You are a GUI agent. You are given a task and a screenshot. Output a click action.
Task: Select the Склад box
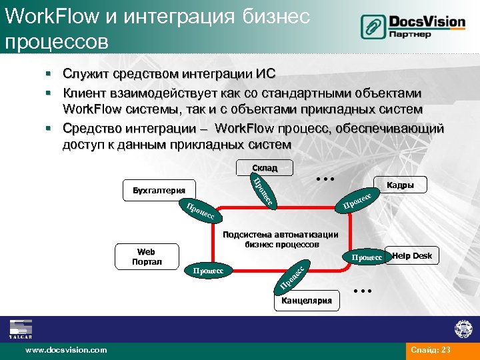pyautogui.click(x=264, y=168)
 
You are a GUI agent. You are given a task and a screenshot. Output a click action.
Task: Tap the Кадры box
pyautogui.click(x=401, y=186)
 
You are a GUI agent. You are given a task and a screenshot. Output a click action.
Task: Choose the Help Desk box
pyautogui.click(x=412, y=256)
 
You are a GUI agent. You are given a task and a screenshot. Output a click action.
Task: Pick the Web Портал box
pyautogui.click(x=146, y=257)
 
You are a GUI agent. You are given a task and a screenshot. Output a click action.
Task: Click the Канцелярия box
pyautogui.click(x=306, y=301)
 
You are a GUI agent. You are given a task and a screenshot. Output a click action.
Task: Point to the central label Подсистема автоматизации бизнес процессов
pyautogui.click(x=280, y=239)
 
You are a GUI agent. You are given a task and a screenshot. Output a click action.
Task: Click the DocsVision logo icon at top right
pyautogui.click(x=374, y=27)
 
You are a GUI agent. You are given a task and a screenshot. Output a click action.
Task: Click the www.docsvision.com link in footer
pyautogui.click(x=65, y=349)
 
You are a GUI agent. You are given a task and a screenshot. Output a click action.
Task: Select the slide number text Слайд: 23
pyautogui.click(x=432, y=350)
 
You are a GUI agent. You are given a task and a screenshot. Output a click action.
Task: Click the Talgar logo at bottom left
pyautogui.click(x=21, y=329)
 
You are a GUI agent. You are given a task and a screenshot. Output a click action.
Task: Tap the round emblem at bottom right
pyautogui.click(x=463, y=329)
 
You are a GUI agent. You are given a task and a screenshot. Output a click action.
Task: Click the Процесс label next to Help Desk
pyautogui.click(x=367, y=257)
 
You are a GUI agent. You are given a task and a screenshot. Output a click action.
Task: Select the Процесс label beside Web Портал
pyautogui.click(x=207, y=271)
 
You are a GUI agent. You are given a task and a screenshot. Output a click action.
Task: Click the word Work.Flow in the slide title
pyautogui.click(x=41, y=17)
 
